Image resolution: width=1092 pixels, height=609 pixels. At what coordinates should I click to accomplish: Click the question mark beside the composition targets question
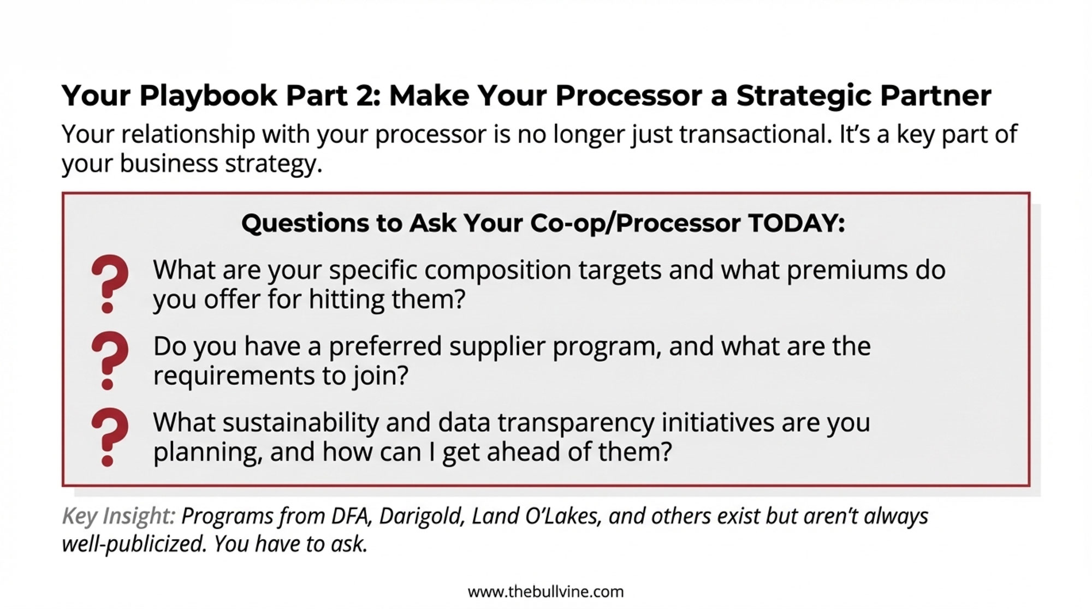click(x=110, y=283)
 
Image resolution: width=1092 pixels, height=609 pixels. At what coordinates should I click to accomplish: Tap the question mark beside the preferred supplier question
click(x=110, y=360)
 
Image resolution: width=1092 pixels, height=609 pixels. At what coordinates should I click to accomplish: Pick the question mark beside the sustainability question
click(x=110, y=437)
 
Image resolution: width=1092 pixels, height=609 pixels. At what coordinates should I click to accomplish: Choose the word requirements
click(x=233, y=376)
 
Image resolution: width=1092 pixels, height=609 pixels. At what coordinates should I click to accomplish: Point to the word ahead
click(x=523, y=452)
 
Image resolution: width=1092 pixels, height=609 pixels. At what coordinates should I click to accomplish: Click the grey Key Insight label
click(x=118, y=516)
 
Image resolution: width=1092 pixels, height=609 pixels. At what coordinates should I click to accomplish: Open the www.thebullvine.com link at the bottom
click(x=545, y=592)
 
